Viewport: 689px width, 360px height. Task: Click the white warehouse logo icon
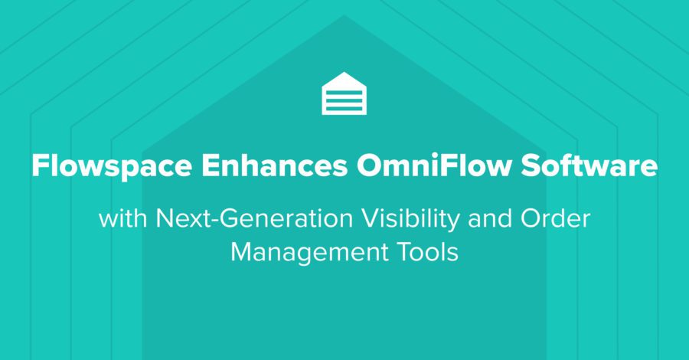pyautogui.click(x=344, y=93)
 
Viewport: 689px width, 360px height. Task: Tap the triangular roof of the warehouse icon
pyautogui.click(x=344, y=79)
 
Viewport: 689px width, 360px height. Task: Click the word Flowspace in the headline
pyautogui.click(x=112, y=167)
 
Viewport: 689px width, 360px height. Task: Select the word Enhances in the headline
pyautogui.click(x=275, y=165)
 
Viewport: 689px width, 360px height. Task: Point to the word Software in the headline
pyautogui.click(x=589, y=165)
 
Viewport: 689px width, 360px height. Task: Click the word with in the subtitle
pyautogui.click(x=123, y=218)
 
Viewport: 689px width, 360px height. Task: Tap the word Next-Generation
pyautogui.click(x=254, y=218)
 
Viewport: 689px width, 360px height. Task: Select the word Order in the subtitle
pyautogui.click(x=555, y=218)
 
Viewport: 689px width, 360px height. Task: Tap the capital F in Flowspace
pyautogui.click(x=41, y=165)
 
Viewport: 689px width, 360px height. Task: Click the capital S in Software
pyautogui.click(x=531, y=165)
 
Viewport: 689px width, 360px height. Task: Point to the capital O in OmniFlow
pyautogui.click(x=370, y=165)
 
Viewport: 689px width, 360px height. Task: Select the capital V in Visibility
pyautogui.click(x=372, y=218)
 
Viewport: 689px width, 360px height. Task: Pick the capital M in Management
pyautogui.click(x=242, y=252)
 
